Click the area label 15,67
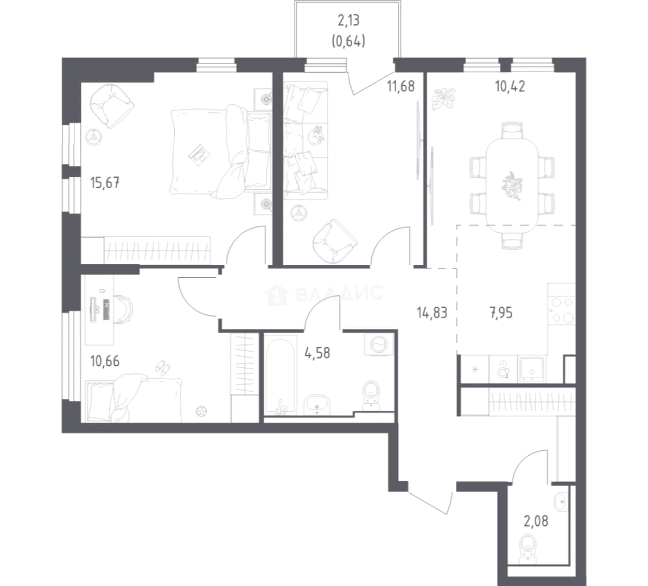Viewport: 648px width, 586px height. [105, 182]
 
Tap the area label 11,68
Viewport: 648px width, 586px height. [401, 86]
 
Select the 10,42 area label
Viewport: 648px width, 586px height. [510, 86]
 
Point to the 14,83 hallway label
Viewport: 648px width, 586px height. [432, 313]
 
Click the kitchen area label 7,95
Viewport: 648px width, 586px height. [501, 313]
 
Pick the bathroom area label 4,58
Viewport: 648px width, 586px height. [317, 353]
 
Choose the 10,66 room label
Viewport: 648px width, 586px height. [105, 361]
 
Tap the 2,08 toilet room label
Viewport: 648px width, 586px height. [536, 521]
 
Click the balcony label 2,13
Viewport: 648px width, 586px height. [348, 20]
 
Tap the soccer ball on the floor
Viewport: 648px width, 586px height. [201, 411]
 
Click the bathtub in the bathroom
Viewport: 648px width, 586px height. [280, 375]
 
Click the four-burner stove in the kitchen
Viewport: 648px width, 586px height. [562, 309]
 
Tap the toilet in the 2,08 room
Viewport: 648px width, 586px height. [528, 546]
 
